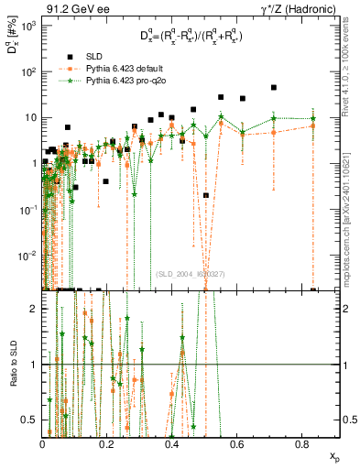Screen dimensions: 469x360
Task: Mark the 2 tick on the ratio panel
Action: pos(35,309)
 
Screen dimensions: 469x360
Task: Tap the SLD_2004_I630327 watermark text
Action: pos(189,273)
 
